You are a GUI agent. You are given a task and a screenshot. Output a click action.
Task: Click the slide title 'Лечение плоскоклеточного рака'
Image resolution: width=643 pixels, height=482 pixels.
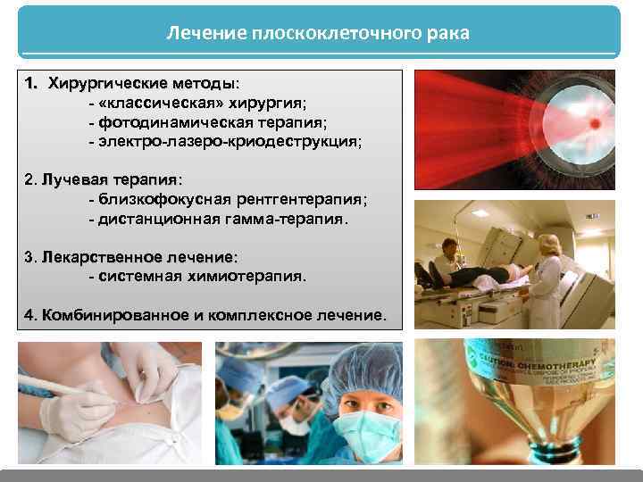pyautogui.click(x=318, y=33)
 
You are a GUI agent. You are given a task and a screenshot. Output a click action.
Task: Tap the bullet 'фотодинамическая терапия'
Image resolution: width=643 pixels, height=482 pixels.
pyautogui.click(x=208, y=122)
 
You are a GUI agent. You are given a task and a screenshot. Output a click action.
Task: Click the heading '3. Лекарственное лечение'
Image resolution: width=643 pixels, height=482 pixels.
pyautogui.click(x=131, y=257)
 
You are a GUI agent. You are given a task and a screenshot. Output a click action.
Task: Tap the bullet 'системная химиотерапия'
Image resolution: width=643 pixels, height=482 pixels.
pyautogui.click(x=197, y=276)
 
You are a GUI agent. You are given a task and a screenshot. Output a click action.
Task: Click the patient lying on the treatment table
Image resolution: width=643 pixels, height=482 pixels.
pyautogui.click(x=482, y=272)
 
